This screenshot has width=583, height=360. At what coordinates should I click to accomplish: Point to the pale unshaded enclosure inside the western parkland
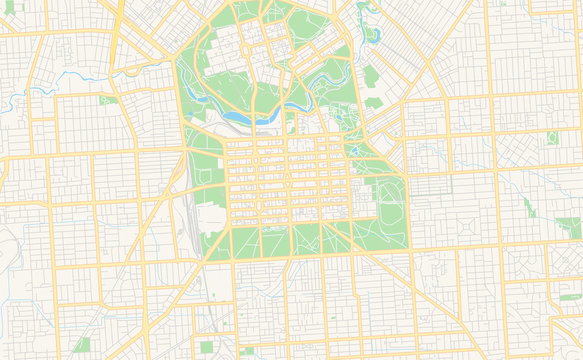click(211, 217)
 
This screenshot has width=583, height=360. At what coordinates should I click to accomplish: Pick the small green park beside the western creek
click(107, 100)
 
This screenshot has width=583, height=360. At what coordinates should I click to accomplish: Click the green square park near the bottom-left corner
click(81, 344)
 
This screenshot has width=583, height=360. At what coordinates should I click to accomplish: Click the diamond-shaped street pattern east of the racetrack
click(515, 150)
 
